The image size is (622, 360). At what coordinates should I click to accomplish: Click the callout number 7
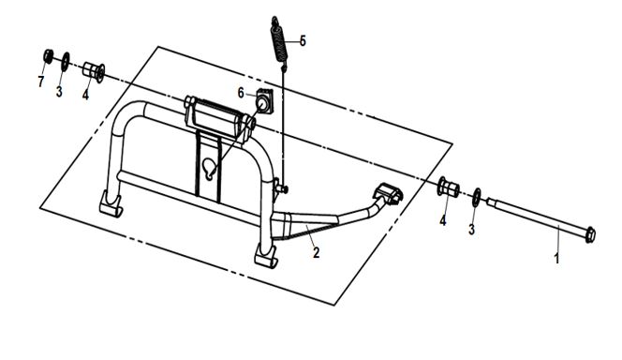[40, 82]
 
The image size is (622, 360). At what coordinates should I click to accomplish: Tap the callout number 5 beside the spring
[303, 40]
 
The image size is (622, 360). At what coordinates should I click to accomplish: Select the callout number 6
[241, 93]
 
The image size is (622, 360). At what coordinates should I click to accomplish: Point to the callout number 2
[316, 252]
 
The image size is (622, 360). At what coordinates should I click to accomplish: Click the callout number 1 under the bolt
[557, 259]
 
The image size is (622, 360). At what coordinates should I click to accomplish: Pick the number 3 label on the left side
[59, 92]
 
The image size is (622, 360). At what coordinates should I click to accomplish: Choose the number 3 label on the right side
[471, 229]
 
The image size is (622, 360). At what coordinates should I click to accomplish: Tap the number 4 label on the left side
[85, 95]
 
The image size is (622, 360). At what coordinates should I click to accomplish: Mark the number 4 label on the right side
[443, 220]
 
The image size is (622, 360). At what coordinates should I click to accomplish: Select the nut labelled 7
[48, 56]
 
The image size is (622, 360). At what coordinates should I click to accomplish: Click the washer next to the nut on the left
[65, 62]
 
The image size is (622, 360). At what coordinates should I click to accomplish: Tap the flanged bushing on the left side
[94, 72]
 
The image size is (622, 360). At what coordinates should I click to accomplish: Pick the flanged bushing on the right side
[449, 187]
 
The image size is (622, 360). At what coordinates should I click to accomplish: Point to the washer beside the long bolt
[477, 197]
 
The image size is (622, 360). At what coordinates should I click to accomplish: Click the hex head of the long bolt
[590, 234]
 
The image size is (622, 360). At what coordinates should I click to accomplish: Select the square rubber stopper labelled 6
[264, 101]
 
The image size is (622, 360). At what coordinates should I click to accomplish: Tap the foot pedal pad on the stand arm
[388, 193]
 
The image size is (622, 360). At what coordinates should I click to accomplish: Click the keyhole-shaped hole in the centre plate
[209, 167]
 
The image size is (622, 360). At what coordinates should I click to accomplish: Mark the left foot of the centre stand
[111, 204]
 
